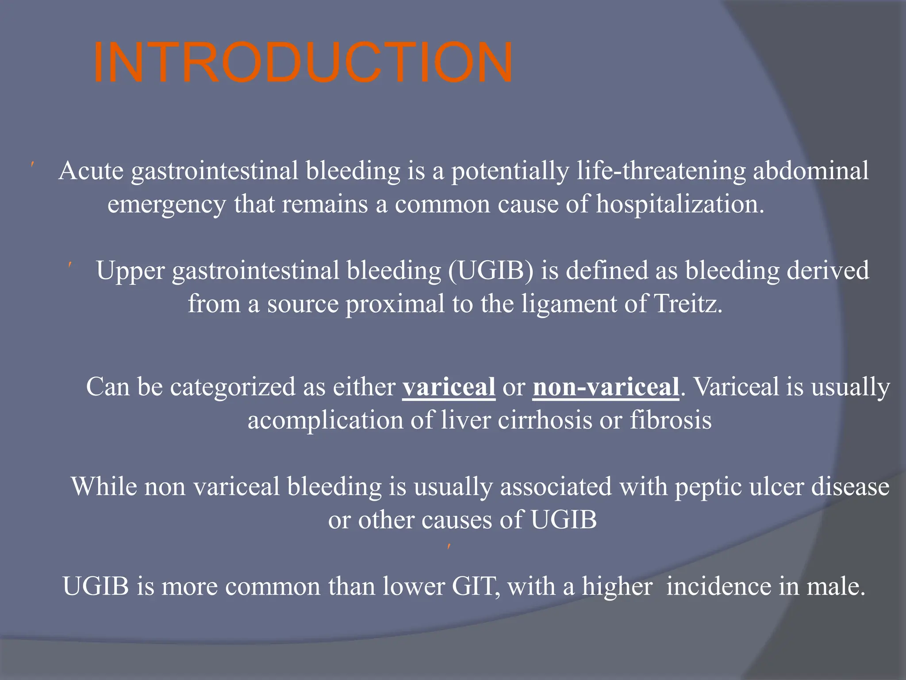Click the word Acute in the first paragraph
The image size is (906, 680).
coord(91,171)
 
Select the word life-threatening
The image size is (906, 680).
coord(661,171)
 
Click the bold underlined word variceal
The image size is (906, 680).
coord(449,387)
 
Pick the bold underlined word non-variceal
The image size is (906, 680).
coord(606,387)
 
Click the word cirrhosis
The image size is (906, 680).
coord(545,420)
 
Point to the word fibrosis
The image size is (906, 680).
coord(671,420)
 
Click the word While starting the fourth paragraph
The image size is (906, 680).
coord(104,487)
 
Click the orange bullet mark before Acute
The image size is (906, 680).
coord(33,165)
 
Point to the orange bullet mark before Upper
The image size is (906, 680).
coord(70,265)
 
